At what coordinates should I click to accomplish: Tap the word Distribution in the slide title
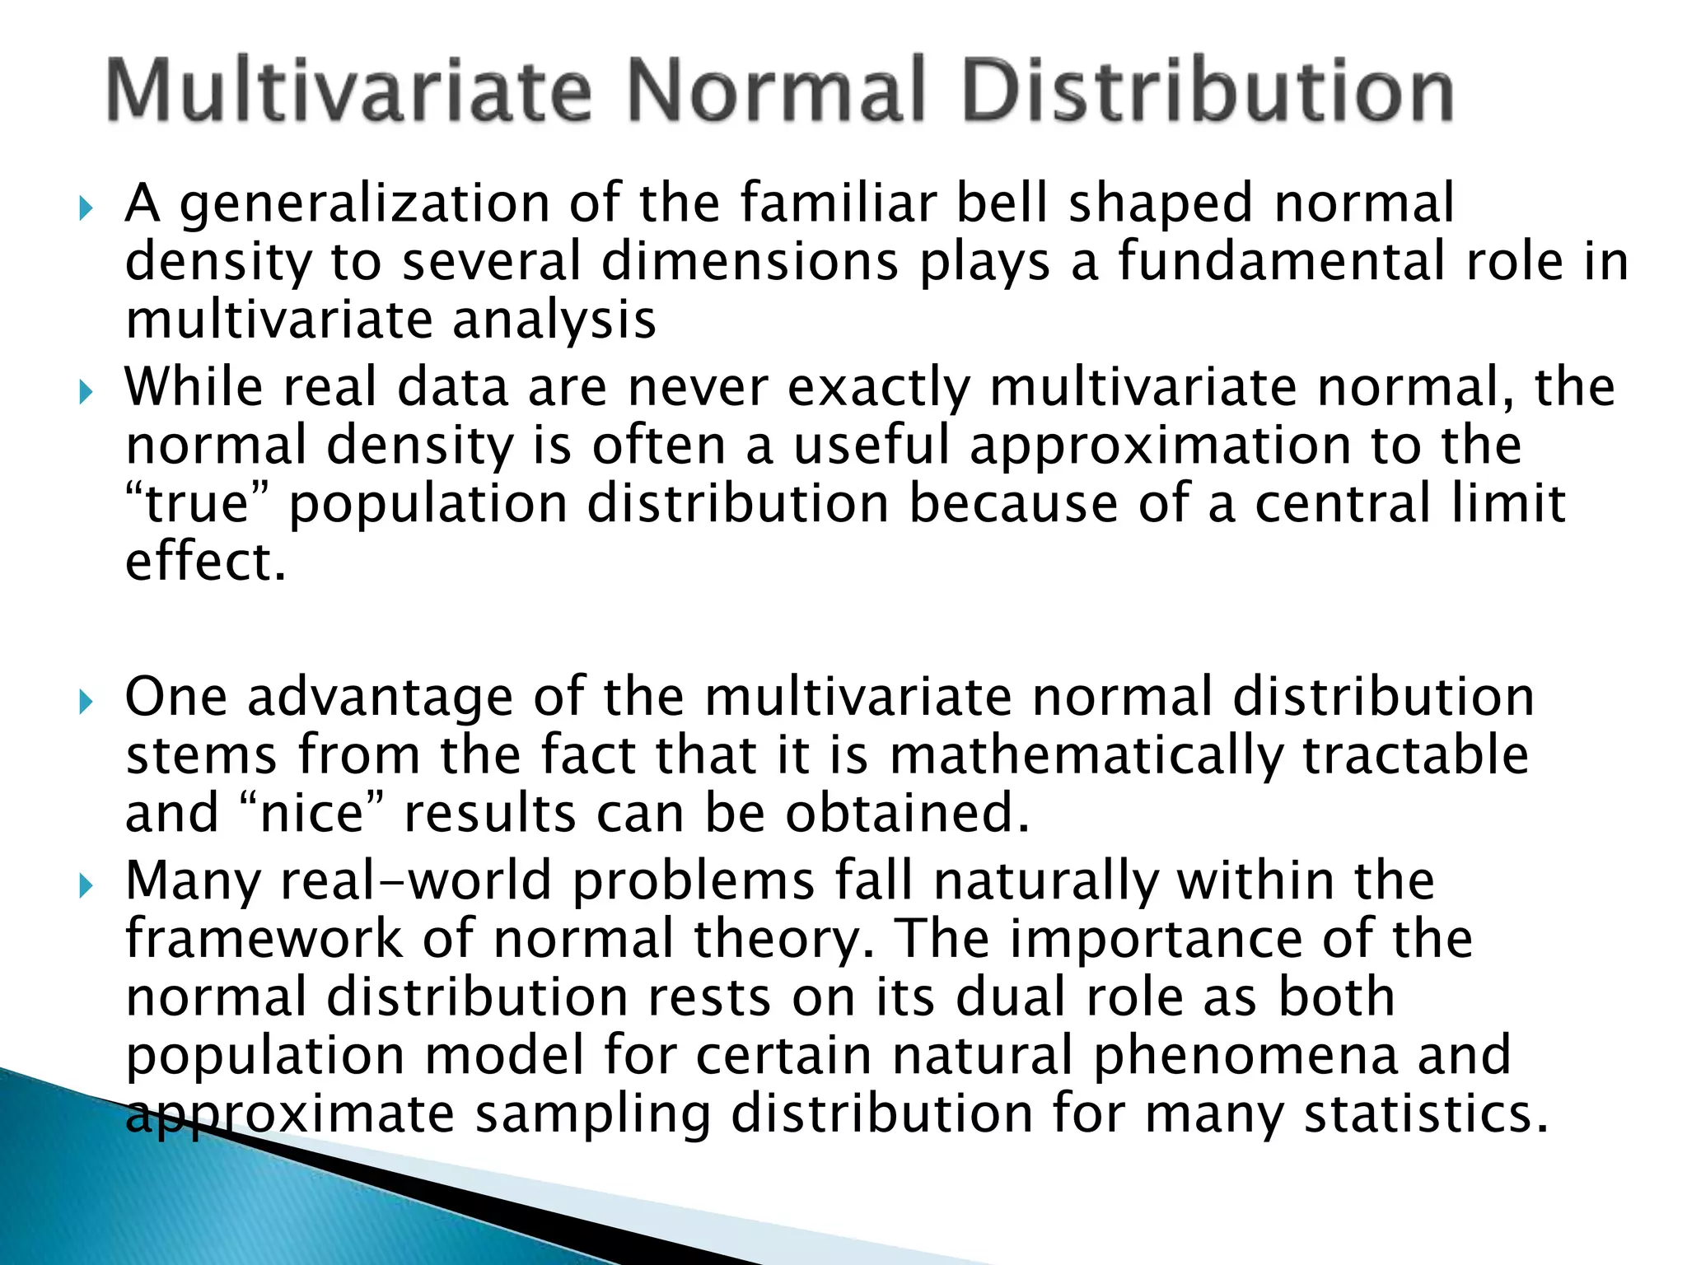pyautogui.click(x=1207, y=90)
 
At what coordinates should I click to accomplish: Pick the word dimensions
pyautogui.click(x=750, y=261)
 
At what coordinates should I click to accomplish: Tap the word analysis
pyautogui.click(x=554, y=321)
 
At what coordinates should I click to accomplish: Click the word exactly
pyautogui.click(x=879, y=388)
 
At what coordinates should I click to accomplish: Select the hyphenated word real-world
pyautogui.click(x=416, y=880)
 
